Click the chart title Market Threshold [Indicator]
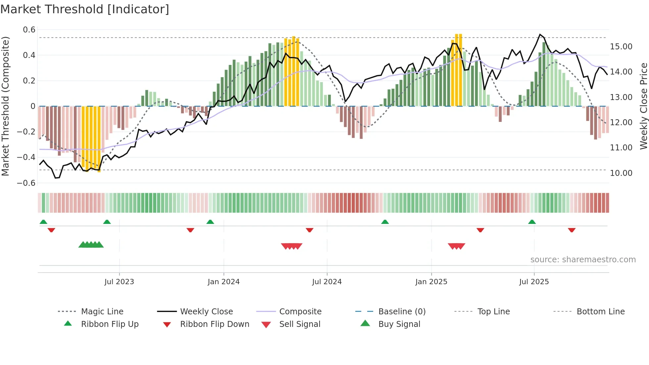click(85, 9)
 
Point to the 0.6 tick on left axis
click(29, 30)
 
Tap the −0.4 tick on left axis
click(26, 157)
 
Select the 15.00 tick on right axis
click(621, 47)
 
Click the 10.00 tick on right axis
click(621, 173)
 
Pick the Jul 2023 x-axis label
click(119, 282)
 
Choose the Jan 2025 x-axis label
click(431, 282)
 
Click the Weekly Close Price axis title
click(643, 106)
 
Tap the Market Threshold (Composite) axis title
click(5, 106)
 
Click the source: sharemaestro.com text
click(583, 260)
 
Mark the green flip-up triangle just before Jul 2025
click(532, 222)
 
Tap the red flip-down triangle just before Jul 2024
click(310, 230)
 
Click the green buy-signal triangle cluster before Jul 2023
click(91, 245)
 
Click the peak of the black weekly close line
click(540, 34)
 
